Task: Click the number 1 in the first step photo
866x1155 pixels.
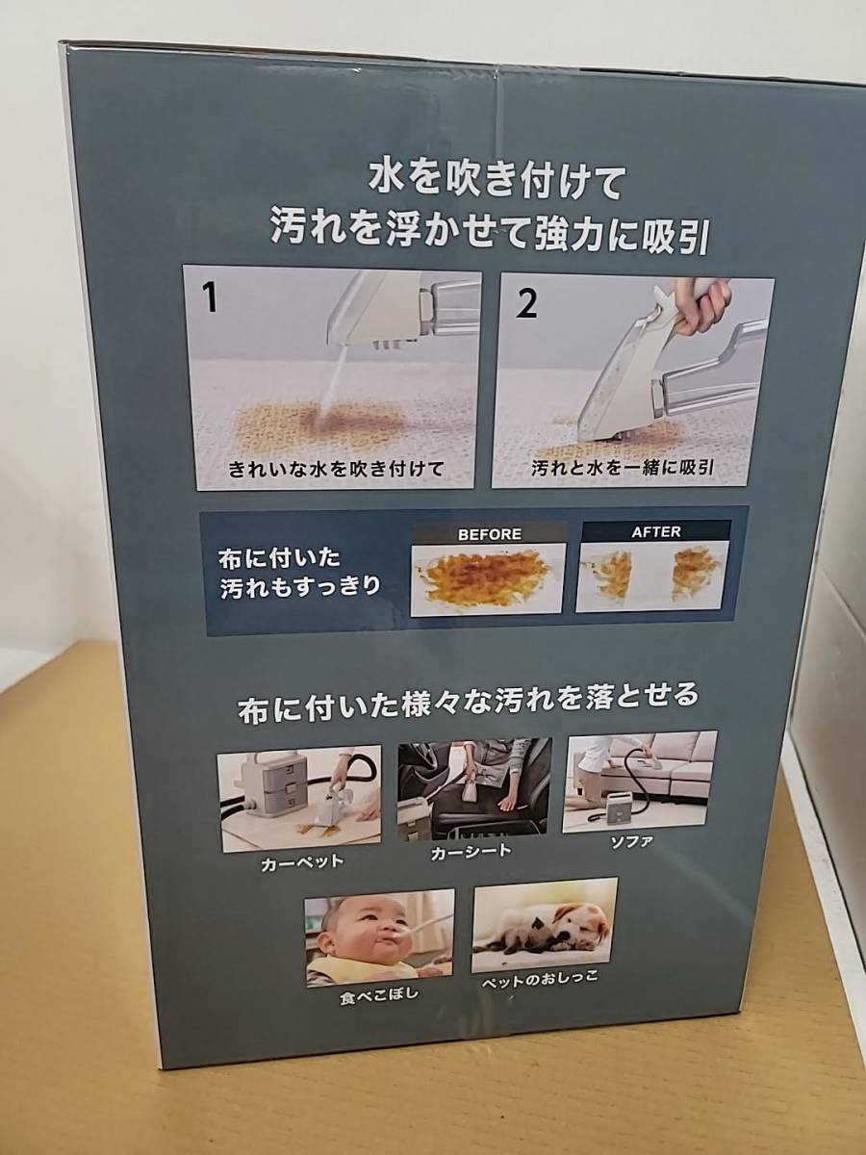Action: tap(211, 299)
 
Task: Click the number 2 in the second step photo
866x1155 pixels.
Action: tap(527, 304)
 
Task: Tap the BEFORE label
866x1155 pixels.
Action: tap(490, 534)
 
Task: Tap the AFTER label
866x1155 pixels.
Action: tap(656, 532)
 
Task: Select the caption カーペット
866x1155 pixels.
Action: tap(302, 863)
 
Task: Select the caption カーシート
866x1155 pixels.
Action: tap(471, 852)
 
